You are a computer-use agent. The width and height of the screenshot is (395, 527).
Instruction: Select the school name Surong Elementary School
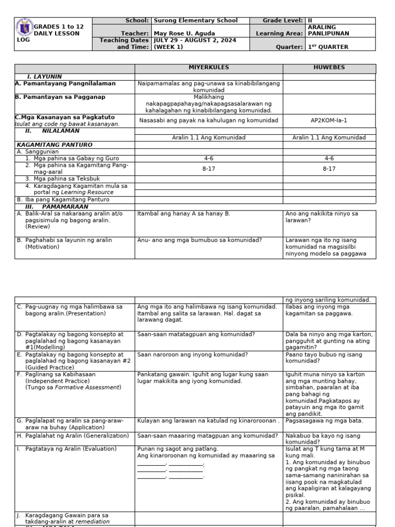tap(196, 21)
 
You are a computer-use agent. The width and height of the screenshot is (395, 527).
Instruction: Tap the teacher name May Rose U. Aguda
tap(185, 34)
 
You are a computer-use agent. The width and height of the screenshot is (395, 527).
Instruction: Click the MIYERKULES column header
tap(209, 68)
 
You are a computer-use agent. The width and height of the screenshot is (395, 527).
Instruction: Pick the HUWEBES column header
tap(329, 68)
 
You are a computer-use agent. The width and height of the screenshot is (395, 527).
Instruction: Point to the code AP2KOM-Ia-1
tap(329, 120)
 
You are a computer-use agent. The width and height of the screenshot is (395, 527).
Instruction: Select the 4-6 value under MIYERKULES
tap(209, 159)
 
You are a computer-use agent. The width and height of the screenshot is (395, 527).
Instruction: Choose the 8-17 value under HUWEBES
tap(329, 169)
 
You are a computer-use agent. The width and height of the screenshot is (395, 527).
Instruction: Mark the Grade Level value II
tap(310, 21)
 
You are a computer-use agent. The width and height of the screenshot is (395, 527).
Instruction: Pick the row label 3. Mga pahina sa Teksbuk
tap(61, 179)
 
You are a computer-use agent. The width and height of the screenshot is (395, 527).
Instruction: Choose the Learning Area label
tap(279, 34)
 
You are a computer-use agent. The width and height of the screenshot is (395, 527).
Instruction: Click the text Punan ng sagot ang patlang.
tap(178, 449)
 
